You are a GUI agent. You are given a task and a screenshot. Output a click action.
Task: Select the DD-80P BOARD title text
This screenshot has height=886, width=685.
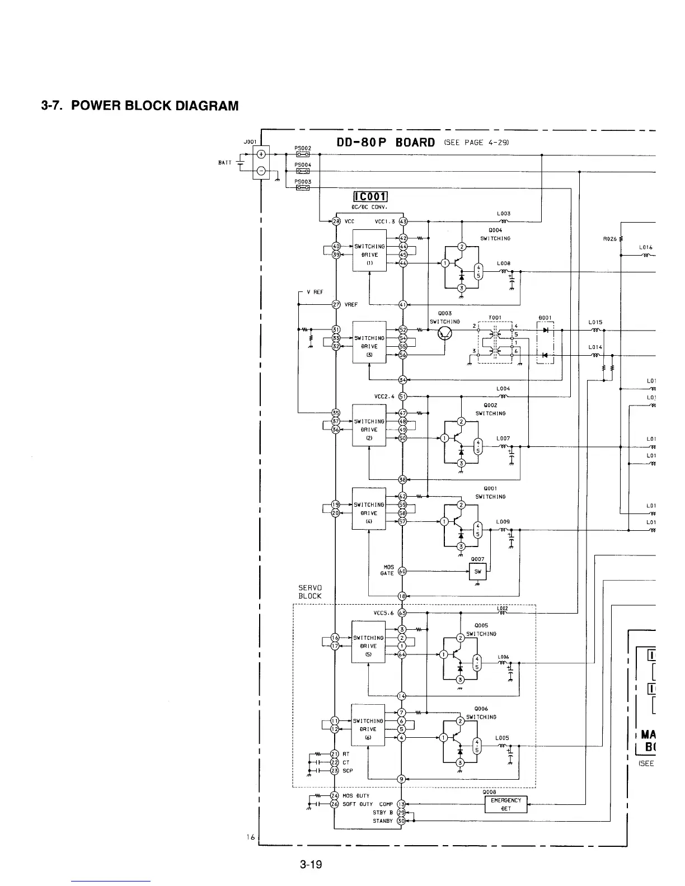point(386,142)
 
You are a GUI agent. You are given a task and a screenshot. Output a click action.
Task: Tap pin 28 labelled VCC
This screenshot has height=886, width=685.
point(336,221)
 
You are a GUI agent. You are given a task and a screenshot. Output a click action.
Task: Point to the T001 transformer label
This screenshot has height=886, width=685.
point(495,317)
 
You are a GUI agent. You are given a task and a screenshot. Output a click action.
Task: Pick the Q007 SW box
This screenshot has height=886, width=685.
point(477,572)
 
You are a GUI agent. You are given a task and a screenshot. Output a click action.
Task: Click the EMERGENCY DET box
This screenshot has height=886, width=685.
point(505,804)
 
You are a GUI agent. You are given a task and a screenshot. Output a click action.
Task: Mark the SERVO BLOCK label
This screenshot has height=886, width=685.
point(310,592)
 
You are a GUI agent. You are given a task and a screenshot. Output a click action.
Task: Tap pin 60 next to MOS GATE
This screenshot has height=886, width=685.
point(402,571)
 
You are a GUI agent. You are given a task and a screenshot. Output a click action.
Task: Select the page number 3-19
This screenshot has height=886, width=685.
point(311,865)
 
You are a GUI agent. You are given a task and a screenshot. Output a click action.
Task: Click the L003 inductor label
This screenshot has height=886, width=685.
point(503,214)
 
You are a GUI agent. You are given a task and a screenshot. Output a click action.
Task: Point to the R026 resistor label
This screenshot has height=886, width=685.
point(609,239)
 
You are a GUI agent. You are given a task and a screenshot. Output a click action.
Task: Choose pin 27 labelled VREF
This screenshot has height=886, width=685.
point(336,304)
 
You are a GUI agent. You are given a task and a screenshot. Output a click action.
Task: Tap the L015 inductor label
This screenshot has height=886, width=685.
point(595,322)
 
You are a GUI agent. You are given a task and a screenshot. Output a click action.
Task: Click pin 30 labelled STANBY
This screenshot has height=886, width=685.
point(401,821)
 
